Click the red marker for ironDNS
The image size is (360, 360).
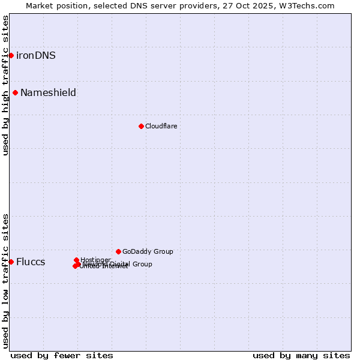[11, 55]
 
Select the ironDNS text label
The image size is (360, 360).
[36, 56]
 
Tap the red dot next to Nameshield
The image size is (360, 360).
[15, 92]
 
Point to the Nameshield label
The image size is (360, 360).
[48, 93]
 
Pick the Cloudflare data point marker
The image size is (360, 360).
[141, 126]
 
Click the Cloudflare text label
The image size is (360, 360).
[161, 127]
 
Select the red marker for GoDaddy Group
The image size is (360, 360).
[118, 251]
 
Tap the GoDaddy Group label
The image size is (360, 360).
[148, 252]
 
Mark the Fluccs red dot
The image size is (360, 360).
[11, 262]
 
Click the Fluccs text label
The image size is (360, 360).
[31, 262]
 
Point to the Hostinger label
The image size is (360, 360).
[95, 260]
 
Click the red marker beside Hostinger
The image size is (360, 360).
[76, 260]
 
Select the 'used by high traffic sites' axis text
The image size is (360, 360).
[5, 85]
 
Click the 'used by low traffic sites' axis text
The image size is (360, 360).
[5, 280]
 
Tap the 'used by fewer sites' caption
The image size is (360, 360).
[62, 355]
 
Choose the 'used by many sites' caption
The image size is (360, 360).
[301, 355]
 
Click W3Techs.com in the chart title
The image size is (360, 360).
[306, 5]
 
